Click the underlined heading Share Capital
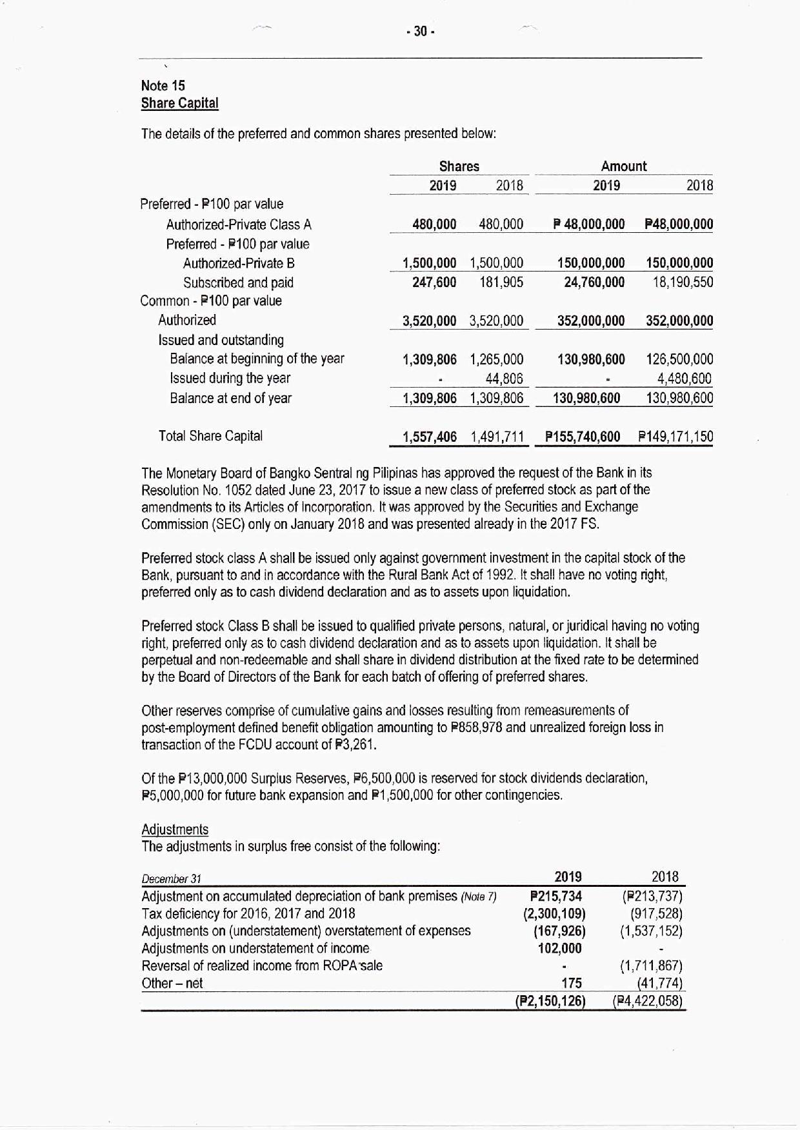[x=179, y=103]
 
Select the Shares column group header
[x=459, y=166]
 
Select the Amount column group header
[x=623, y=166]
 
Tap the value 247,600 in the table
[x=434, y=282]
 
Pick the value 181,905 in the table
[x=501, y=282]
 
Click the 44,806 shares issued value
[x=504, y=379]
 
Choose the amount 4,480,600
[x=685, y=379]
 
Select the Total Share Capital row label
[x=210, y=436]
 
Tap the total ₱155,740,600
[x=583, y=437]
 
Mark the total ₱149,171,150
[x=675, y=437]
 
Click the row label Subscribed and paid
[x=238, y=282]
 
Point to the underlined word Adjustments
[x=175, y=829]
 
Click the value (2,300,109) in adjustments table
[x=554, y=913]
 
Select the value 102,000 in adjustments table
[x=559, y=948]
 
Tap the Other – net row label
[x=172, y=984]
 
